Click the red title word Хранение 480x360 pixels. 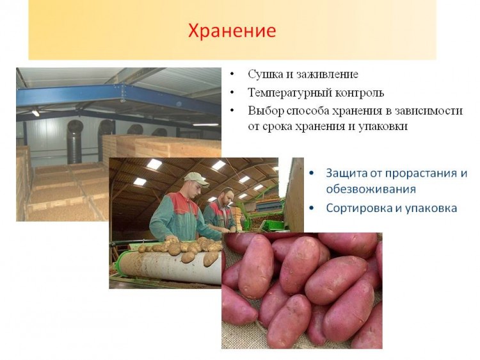(232, 31)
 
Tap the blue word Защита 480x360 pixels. (346, 174)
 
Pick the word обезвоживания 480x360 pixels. (371, 189)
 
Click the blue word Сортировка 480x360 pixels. (360, 208)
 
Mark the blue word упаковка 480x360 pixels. (431, 209)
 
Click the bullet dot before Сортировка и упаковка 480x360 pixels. (312, 208)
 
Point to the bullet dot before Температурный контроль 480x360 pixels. (232, 92)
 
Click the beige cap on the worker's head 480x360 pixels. (196, 179)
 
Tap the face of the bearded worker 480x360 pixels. (226, 197)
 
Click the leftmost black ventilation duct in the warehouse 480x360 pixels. (74, 142)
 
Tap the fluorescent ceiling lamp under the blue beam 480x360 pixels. (36, 113)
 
